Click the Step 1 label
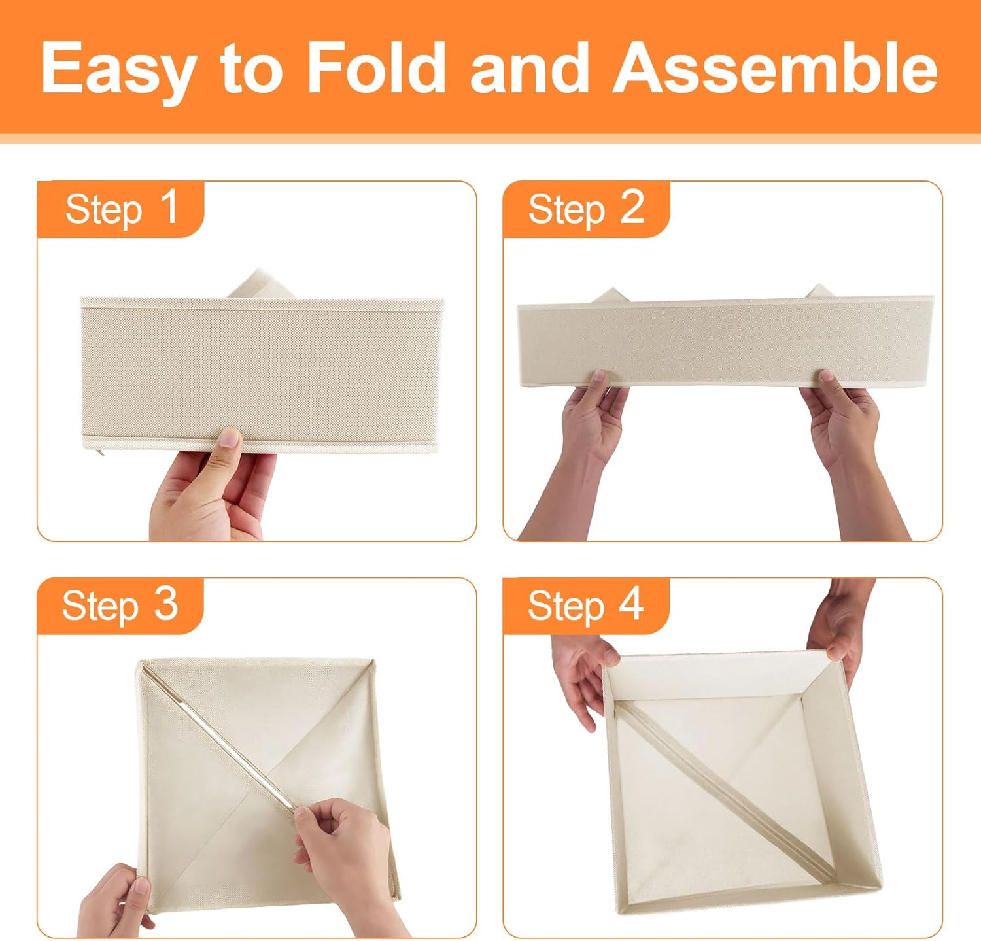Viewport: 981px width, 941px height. click(122, 209)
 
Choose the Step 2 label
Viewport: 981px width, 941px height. click(586, 209)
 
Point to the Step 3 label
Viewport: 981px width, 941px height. click(120, 605)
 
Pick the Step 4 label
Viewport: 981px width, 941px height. click(585, 605)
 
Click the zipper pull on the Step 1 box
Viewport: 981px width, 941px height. click(99, 453)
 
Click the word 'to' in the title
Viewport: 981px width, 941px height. click(252, 72)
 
